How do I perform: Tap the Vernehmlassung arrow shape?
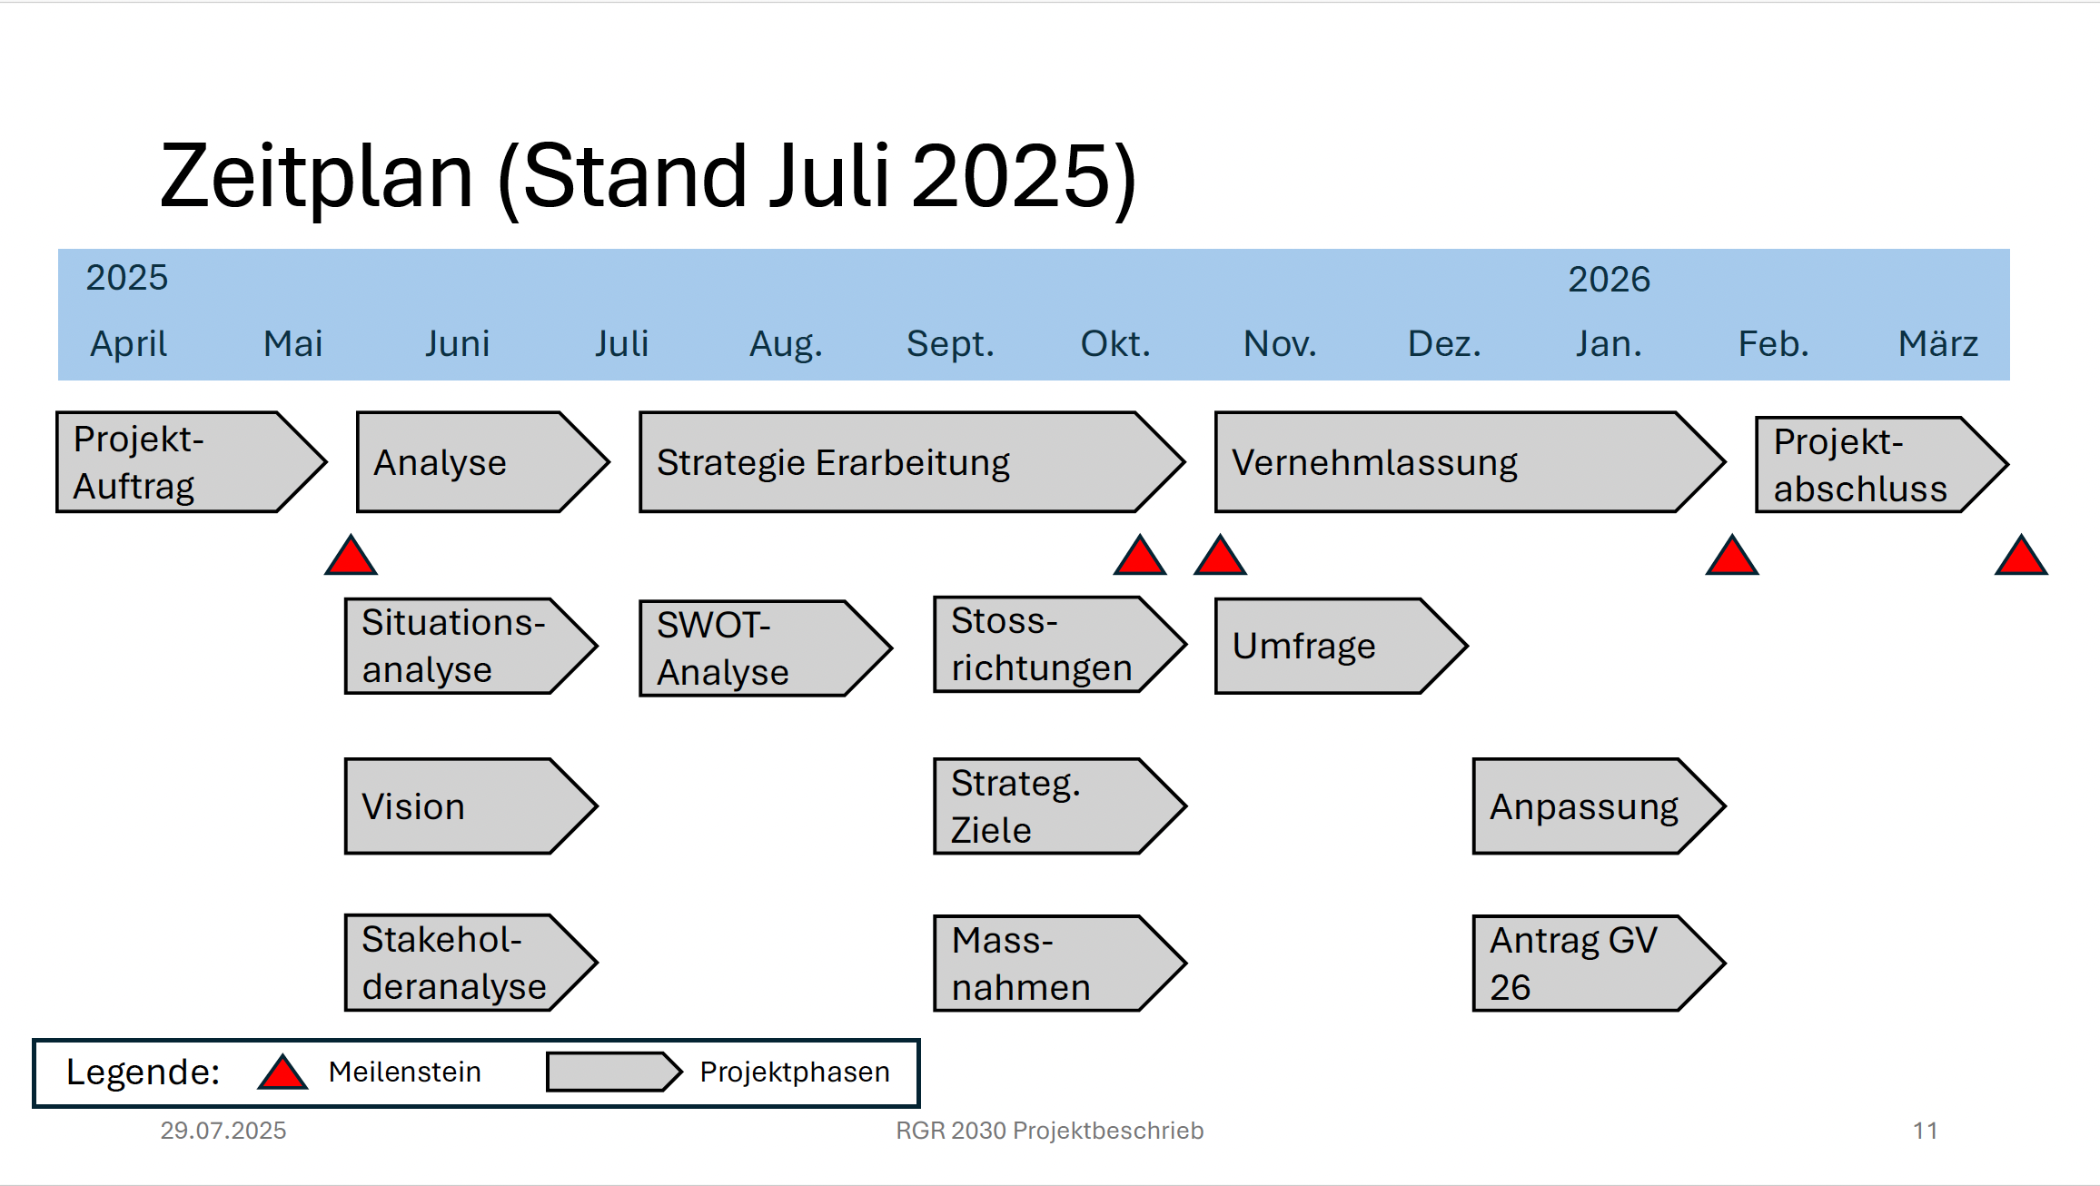[1453, 462]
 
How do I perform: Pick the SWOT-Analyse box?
[754, 648]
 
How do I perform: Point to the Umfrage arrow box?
[1326, 647]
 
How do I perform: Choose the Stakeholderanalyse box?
[459, 963]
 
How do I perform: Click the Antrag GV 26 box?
[1585, 963]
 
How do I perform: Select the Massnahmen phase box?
[1045, 964]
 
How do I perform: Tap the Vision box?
[459, 806]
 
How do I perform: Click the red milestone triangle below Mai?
[351, 558]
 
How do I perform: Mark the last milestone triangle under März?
[2021, 558]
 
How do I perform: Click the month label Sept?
[950, 344]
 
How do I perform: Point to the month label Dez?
[1443, 344]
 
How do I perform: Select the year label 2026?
[1609, 279]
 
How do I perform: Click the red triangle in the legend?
[282, 1073]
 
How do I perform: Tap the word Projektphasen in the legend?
[794, 1072]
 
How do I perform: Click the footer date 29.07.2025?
[223, 1131]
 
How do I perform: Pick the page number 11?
[1925, 1131]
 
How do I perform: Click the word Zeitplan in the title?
[316, 176]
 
